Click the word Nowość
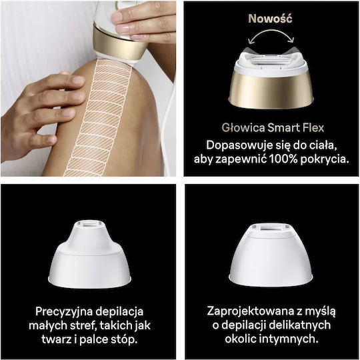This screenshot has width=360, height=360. (x=270, y=19)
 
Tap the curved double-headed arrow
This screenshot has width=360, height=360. (x=271, y=31)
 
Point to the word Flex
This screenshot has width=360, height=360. (x=313, y=127)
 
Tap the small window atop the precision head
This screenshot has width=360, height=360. (x=90, y=224)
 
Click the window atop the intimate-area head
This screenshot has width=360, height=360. (x=271, y=228)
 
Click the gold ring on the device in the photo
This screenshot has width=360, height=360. (x=121, y=43)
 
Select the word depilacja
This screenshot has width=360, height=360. (x=119, y=312)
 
